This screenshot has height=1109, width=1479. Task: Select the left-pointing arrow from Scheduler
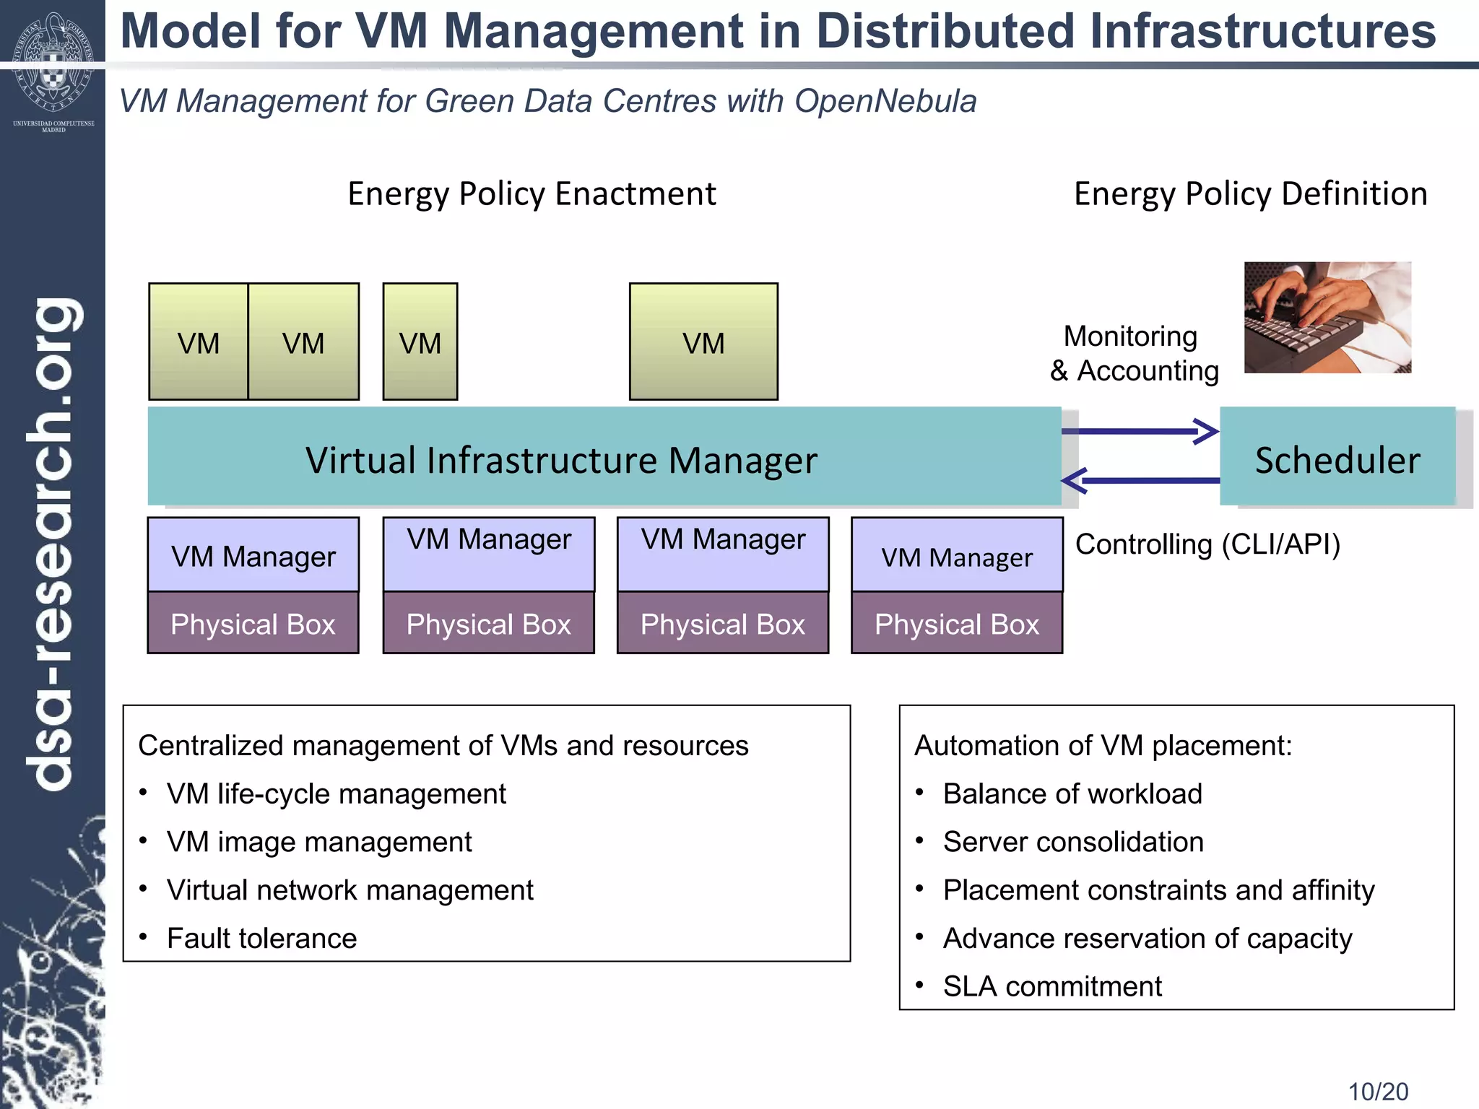click(1141, 480)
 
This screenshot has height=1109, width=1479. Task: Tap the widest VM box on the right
click(703, 342)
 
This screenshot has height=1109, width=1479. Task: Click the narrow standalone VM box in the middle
click(420, 342)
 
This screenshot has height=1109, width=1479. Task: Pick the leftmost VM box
click(198, 342)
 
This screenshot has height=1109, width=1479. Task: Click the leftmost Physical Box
click(253, 623)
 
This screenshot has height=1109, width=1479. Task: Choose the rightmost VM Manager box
click(957, 554)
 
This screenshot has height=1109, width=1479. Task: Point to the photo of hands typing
click(1327, 317)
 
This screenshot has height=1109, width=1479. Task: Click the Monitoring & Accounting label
click(1134, 354)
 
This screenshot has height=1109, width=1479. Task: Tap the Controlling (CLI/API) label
click(1207, 544)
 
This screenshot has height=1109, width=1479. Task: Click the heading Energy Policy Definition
click(1250, 194)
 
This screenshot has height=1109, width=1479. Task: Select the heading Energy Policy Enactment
click(532, 194)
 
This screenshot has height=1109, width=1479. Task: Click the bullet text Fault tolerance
click(261, 939)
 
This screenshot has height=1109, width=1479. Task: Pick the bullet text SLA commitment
click(1052, 986)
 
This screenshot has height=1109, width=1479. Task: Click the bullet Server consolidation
click(1073, 842)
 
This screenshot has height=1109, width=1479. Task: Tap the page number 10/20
click(1378, 1091)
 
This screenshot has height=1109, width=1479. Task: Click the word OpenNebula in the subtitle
click(885, 101)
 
